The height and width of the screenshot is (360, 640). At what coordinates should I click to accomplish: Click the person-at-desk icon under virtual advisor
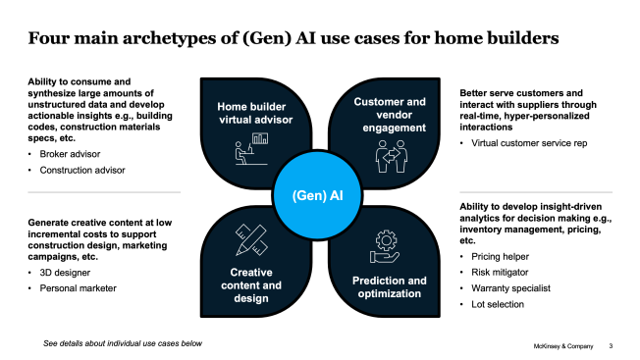(x=250, y=148)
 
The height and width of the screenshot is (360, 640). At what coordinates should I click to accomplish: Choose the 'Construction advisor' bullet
(x=78, y=171)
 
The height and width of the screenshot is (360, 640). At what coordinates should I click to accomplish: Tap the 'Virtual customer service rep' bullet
(x=525, y=143)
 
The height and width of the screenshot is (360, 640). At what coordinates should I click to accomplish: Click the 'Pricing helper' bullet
(x=497, y=255)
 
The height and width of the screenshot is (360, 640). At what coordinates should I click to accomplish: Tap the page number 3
(x=612, y=346)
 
